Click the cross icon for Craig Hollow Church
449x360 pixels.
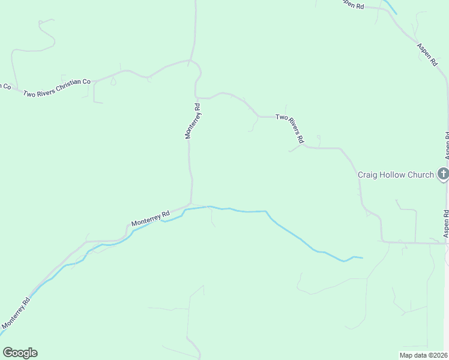coord(443,175)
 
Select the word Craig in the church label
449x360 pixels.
coord(369,175)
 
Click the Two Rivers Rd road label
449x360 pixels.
coord(290,128)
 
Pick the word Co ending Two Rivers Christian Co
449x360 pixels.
coord(86,82)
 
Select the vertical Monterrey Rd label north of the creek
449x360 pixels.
coord(193,121)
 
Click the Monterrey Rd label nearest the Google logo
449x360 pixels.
coord(16,315)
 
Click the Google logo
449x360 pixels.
coord(20,353)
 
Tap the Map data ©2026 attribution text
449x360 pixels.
coord(424,355)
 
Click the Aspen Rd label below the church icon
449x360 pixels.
coord(446,223)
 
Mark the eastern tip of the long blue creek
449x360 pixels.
coord(362,258)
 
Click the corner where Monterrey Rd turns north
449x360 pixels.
coord(191,203)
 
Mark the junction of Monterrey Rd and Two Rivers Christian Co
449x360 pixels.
coord(190,61)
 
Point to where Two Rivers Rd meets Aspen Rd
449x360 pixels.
coord(446,244)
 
